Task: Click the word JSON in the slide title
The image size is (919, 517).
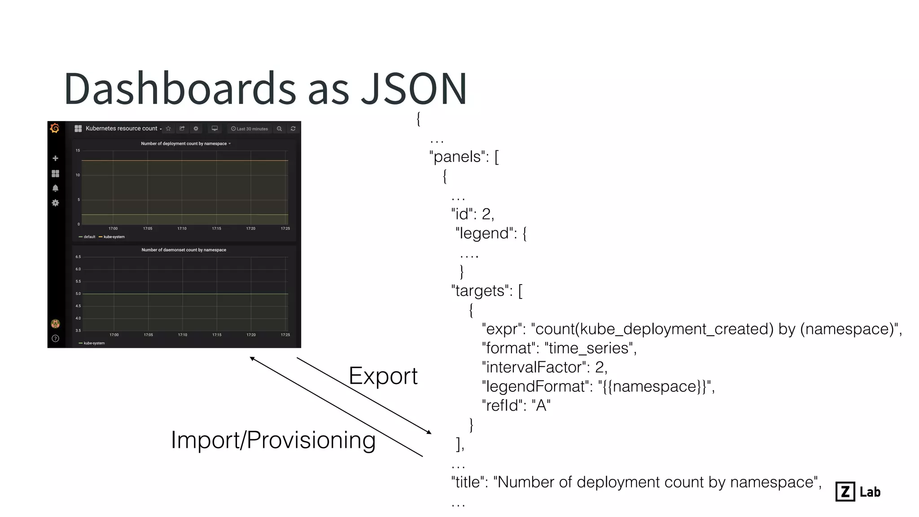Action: tap(414, 89)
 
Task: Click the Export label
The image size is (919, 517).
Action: tap(383, 376)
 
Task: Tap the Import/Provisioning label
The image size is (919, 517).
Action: tap(273, 440)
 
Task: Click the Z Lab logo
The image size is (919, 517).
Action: tap(858, 492)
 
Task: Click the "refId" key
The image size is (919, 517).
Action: tap(502, 406)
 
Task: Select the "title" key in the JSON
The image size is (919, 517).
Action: tap(468, 482)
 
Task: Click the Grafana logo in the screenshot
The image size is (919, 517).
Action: tap(55, 129)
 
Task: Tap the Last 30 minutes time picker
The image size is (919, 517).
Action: tap(249, 129)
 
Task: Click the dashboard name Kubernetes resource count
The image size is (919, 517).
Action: tap(121, 129)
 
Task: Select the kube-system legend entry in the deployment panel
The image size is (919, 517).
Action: tap(114, 237)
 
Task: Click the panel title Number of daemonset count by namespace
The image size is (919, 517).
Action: tap(184, 250)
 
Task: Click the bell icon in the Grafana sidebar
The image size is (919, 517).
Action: tap(55, 188)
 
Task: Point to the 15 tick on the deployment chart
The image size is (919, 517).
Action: tap(78, 151)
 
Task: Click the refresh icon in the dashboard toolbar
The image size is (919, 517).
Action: tap(293, 129)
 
